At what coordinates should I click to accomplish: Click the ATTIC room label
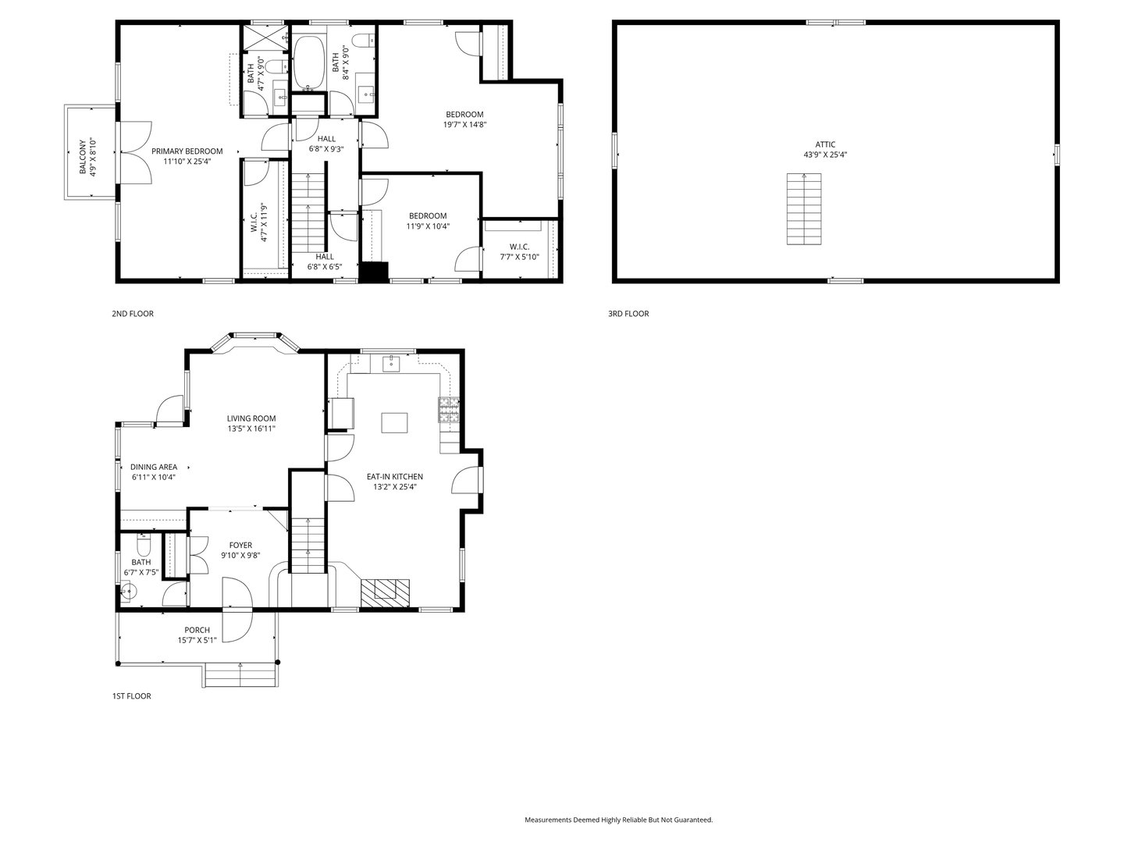[825, 144]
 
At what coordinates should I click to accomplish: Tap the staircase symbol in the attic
[804, 209]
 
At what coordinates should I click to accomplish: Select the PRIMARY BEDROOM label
[187, 151]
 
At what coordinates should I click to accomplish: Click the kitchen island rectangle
[395, 422]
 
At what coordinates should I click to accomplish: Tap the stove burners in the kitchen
[449, 411]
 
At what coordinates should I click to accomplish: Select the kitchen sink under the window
[391, 363]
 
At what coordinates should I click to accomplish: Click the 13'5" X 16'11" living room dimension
[251, 429]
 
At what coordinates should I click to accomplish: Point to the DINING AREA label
[153, 467]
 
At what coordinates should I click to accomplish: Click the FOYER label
[240, 545]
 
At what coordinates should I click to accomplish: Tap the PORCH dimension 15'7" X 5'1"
[197, 640]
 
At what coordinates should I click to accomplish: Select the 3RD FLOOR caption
[628, 314]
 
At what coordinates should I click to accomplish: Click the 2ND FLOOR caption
[133, 314]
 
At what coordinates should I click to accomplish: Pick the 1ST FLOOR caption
[130, 696]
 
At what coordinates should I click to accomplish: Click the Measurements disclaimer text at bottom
[618, 820]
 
